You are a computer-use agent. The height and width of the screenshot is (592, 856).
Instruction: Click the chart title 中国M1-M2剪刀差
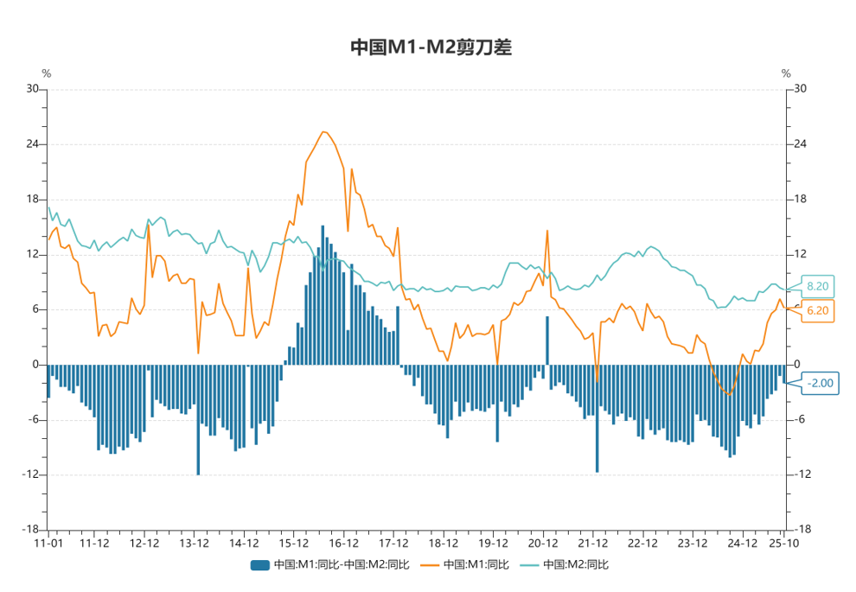pos(431,48)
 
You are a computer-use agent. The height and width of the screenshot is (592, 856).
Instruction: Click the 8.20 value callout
pos(817,287)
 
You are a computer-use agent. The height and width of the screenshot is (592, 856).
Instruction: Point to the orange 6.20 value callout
pos(817,310)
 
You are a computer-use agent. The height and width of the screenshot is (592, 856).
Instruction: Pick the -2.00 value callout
pos(819,383)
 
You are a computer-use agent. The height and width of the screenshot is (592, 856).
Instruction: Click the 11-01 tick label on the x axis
pos(48,544)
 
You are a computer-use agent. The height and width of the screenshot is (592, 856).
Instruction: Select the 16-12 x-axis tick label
pos(344,544)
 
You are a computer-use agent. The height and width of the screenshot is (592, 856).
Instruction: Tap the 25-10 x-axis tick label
pos(783,544)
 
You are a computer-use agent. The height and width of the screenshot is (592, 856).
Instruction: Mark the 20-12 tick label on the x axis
pos(542,544)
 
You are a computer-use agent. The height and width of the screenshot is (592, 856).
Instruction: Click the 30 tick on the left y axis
pos(32,89)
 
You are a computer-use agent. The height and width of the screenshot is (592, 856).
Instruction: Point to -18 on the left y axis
pos(30,530)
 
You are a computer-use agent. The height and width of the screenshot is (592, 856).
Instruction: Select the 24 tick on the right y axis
pos(800,144)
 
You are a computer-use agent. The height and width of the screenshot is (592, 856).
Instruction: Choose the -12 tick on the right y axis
pos(802,474)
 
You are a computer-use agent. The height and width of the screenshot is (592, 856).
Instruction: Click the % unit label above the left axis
pos(47,73)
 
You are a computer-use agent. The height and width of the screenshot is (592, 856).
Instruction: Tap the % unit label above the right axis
pos(786,73)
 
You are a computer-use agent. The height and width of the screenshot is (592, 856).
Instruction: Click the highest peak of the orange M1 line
pos(323,132)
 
